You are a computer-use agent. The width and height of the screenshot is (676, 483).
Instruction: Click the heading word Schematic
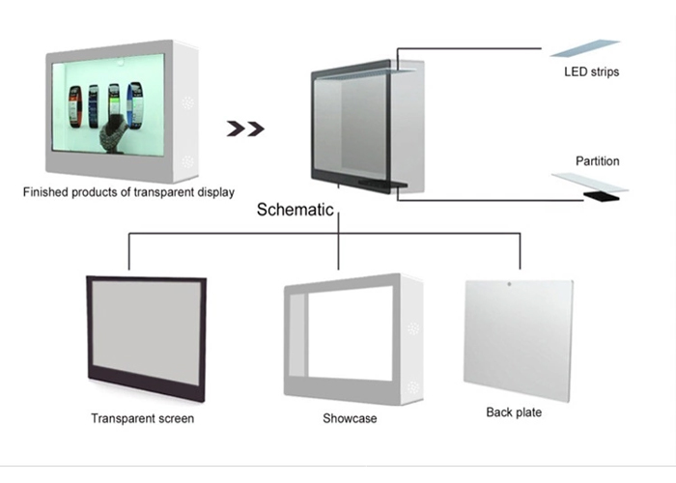pos(296,210)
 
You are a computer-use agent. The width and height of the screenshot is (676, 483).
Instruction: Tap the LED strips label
pos(590,71)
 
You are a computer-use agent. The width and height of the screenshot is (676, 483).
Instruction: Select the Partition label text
pos(597,161)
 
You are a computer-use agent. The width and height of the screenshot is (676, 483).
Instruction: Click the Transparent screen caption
pos(142,419)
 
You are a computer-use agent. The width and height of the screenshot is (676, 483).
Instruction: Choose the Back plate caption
pos(514,412)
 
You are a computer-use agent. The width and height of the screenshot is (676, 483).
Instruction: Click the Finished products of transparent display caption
pos(128,192)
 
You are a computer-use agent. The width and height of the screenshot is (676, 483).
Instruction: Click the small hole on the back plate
pos(509,286)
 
